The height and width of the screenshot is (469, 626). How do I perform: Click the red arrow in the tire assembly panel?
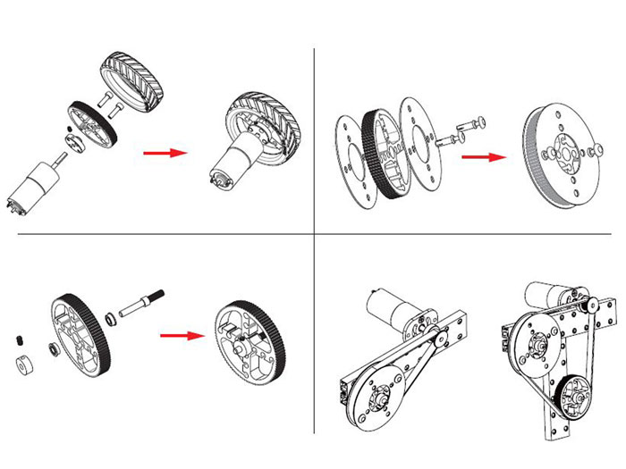pyautogui.click(x=165, y=154)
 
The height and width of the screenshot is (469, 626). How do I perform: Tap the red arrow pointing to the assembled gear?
pyautogui.click(x=182, y=336)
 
